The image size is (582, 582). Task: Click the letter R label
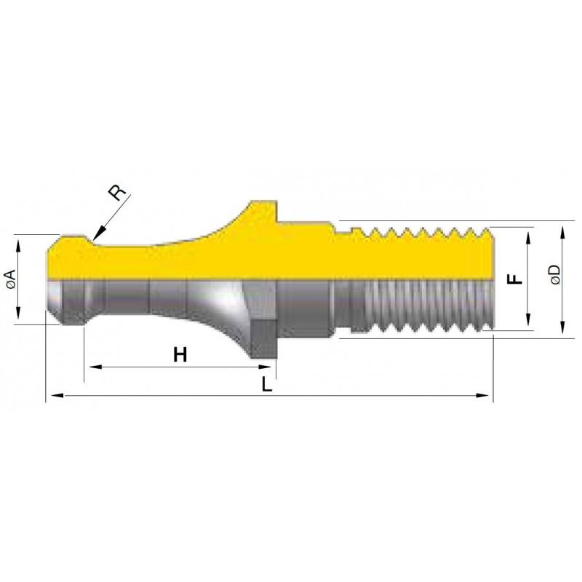(117, 192)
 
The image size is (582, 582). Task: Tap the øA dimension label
(11, 279)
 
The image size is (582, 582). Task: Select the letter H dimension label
(180, 355)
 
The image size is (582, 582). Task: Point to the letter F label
(515, 279)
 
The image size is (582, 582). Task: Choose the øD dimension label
(556, 275)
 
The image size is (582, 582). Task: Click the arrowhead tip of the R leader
(93, 240)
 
